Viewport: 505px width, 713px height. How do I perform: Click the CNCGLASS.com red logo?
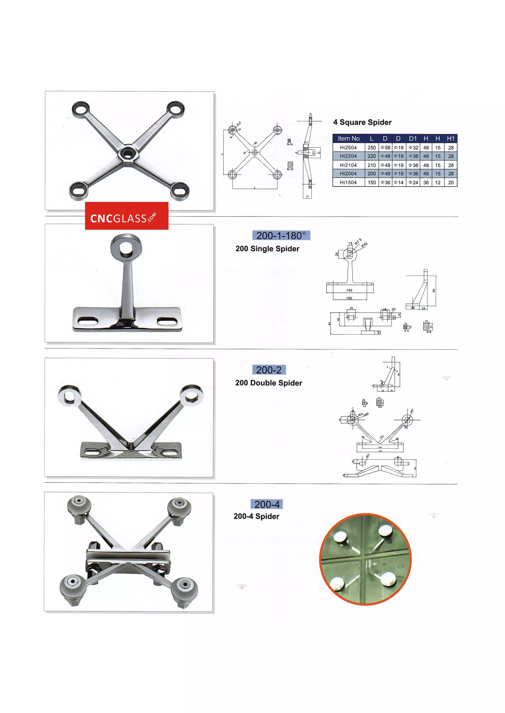point(126,216)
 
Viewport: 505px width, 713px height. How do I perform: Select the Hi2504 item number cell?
point(348,147)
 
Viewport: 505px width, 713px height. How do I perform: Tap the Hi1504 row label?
point(348,183)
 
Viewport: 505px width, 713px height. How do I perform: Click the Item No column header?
point(349,139)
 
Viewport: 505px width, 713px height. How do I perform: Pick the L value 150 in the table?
point(372,183)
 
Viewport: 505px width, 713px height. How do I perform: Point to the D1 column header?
point(413,139)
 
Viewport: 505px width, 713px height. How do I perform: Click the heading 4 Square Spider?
point(362,122)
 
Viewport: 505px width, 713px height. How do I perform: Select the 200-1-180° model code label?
point(281,236)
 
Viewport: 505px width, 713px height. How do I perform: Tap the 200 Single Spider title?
point(268,249)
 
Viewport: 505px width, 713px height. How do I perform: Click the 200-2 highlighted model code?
point(269,370)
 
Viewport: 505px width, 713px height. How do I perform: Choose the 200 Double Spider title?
point(269,383)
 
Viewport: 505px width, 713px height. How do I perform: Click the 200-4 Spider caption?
point(256,517)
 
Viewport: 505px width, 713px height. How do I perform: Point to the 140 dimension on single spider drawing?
point(349,290)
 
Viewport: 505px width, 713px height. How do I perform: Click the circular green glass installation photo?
point(366,559)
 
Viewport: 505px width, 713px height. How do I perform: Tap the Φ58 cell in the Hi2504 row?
point(385,147)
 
